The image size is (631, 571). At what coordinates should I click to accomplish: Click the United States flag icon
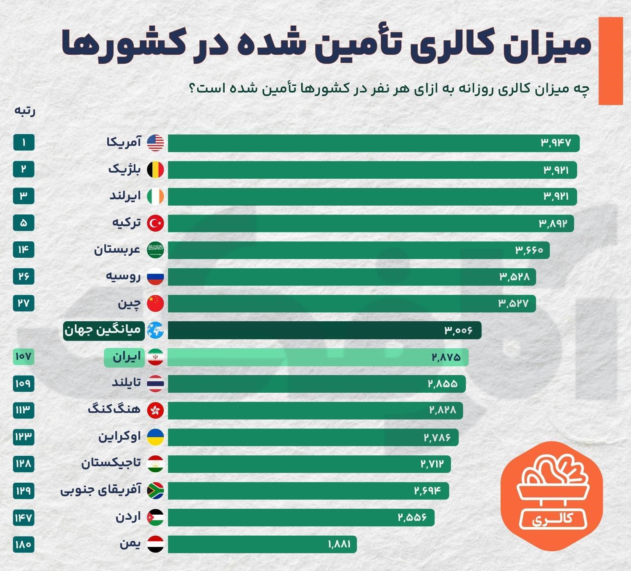pos(155,143)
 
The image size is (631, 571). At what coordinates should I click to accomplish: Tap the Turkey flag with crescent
pos(155,223)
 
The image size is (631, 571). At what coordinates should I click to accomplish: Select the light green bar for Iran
pos(318,357)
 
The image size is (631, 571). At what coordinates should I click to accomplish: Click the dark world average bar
pos(325,330)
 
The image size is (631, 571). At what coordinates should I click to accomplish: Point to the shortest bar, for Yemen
pos(262,544)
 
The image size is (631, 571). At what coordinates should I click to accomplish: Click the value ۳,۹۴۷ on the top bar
pos(556,143)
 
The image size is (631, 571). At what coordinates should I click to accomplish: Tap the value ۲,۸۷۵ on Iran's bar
pos(446,357)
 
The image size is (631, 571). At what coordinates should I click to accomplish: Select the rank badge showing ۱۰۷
pos(24,357)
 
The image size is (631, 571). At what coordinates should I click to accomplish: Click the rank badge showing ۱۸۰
pos(24,544)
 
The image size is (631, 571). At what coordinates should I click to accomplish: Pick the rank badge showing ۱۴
pos(24,250)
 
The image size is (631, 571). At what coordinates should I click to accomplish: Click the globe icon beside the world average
pos(155,330)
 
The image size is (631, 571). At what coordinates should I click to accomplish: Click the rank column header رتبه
pos(25,111)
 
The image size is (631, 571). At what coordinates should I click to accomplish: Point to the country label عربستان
pos(117,250)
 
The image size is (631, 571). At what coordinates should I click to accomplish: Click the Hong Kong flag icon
pos(155,410)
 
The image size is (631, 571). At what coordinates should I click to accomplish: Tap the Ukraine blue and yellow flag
pos(155,437)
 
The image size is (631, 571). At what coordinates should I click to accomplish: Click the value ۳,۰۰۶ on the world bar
pos(458,330)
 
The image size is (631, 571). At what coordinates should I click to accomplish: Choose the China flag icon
pos(155,304)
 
